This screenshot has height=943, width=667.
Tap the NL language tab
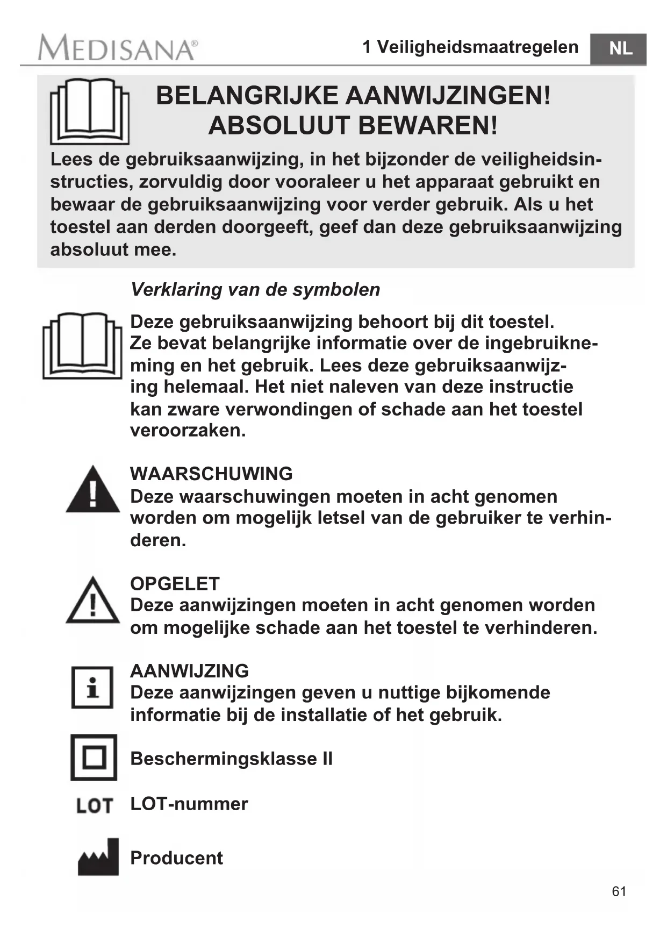[619, 49]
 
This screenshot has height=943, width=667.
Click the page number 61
[619, 891]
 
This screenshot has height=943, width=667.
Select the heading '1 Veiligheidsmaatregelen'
[470, 47]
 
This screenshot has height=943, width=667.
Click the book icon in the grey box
[90, 111]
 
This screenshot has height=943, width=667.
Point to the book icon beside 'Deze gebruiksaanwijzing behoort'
[82, 345]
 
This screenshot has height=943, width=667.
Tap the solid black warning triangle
[93, 490]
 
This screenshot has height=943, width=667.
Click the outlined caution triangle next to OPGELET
[93, 601]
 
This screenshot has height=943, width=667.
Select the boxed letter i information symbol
[92, 687]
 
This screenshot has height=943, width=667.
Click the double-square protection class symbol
[94, 757]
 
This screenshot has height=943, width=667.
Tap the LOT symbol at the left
[95, 805]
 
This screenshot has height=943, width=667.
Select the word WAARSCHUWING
[211, 474]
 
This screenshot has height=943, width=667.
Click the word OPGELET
[175, 583]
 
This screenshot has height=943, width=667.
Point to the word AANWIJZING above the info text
[189, 670]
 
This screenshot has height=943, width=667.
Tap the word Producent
[176, 858]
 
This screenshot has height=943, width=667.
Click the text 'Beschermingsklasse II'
[231, 759]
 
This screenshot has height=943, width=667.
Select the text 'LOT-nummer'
[189, 804]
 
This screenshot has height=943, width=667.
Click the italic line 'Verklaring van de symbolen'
[255, 289]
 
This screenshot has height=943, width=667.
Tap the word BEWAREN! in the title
[428, 126]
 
